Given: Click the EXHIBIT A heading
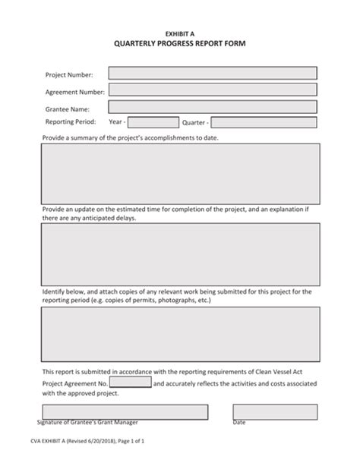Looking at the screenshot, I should [x=180, y=34].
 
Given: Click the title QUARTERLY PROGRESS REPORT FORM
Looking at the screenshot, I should [x=180, y=44].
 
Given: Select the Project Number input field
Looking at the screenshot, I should [x=213, y=74].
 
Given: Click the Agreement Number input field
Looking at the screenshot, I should [x=213, y=91].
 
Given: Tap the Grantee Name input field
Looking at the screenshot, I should [x=213, y=108].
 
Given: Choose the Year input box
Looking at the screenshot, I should [x=153, y=122].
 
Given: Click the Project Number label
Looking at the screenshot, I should [x=69, y=74].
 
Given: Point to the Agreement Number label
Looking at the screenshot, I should [x=74, y=92].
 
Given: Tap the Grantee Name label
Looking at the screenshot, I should [x=68, y=109].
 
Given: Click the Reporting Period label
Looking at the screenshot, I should [x=71, y=121].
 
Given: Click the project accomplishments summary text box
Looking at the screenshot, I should [x=180, y=174].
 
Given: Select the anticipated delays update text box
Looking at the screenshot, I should [x=180, y=253].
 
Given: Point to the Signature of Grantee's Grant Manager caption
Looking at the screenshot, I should [x=87, y=422].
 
